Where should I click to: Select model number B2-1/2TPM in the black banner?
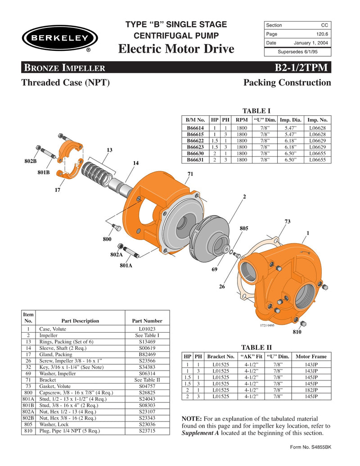point(303,68)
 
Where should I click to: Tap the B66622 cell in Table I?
point(195,140)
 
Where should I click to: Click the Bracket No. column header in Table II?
point(221,356)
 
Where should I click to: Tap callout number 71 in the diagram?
point(189,173)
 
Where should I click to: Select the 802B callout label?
point(31,161)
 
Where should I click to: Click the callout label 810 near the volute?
point(297,332)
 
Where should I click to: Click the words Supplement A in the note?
point(201,433)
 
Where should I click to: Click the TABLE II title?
point(256,347)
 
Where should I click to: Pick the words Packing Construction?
point(287,82)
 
